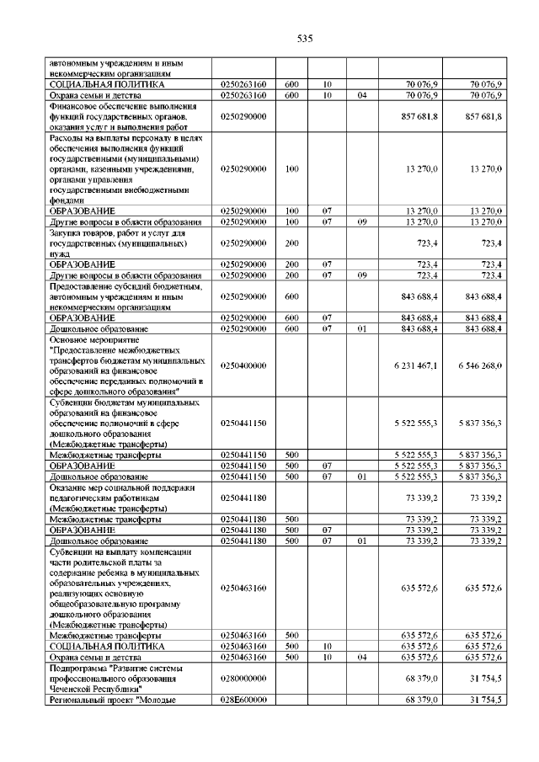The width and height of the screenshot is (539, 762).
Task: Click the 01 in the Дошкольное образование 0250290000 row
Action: [361, 328]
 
